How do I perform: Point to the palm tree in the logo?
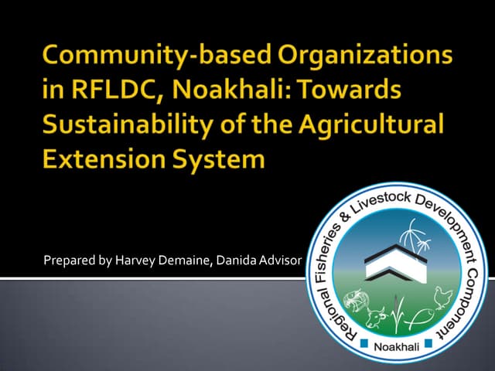417,232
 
